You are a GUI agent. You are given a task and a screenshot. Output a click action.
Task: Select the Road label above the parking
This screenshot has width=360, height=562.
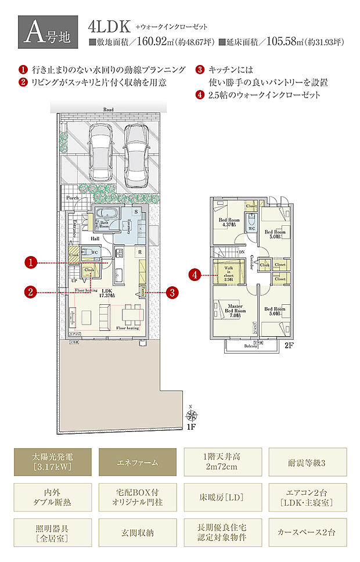(108, 109)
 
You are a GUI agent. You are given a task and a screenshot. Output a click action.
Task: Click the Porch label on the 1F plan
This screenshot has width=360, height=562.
(73, 198)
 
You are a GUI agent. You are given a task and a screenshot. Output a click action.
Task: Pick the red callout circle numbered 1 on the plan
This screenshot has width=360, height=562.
(31, 263)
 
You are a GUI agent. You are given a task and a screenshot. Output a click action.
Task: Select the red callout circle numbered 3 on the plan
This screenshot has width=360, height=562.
(171, 293)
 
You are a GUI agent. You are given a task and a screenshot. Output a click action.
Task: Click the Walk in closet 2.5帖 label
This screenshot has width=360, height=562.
(229, 273)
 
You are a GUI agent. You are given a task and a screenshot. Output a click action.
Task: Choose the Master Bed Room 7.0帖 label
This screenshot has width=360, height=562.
(235, 311)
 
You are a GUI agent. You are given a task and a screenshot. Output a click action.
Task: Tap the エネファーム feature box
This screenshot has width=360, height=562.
(138, 462)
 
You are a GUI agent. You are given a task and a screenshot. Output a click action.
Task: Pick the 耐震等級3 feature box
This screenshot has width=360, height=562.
(308, 462)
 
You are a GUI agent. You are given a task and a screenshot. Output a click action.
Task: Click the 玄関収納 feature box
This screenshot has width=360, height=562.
(138, 532)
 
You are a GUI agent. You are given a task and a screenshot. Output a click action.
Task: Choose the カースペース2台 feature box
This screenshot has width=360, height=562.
(308, 532)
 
